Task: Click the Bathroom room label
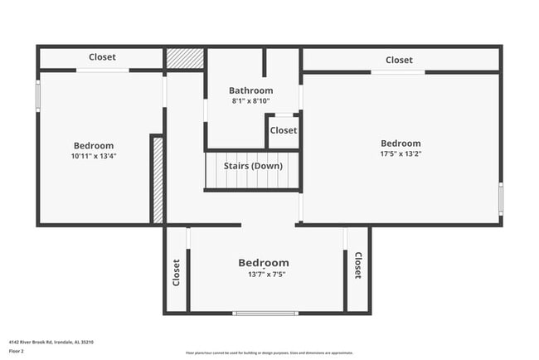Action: [x=250, y=90]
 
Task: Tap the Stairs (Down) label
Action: [x=252, y=165]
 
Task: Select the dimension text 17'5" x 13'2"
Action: [x=401, y=153]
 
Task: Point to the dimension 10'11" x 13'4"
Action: [x=93, y=156]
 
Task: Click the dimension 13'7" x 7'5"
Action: [x=265, y=275]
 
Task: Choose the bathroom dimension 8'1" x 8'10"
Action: [x=250, y=101]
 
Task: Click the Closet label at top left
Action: [x=102, y=57]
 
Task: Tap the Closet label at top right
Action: [x=399, y=60]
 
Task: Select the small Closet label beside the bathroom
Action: [x=283, y=131]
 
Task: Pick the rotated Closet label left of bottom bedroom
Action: [x=177, y=272]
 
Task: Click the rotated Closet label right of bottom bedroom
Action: [x=357, y=266]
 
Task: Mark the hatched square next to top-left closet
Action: [x=184, y=59]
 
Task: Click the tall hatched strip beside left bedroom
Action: [x=157, y=179]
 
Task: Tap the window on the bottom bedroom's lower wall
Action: [x=265, y=313]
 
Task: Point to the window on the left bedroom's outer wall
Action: [x=37, y=94]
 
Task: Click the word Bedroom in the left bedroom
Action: [x=93, y=146]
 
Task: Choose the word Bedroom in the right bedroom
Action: [x=401, y=144]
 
